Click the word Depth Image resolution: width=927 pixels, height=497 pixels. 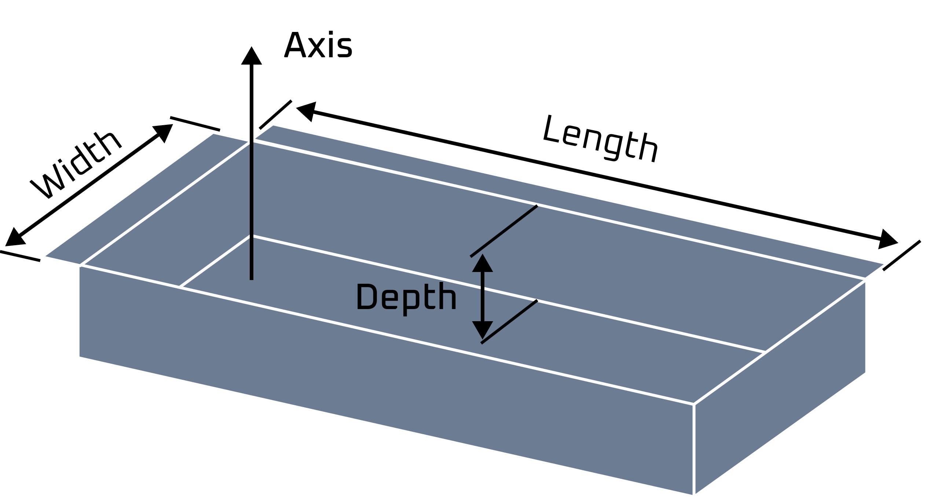pos(406,298)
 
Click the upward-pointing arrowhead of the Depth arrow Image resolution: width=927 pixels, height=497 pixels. pos(482,264)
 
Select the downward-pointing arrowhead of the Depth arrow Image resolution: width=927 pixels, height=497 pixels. pos(482,329)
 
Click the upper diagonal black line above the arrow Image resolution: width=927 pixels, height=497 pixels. pos(504,231)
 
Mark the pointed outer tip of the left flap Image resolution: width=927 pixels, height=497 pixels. pos(41,257)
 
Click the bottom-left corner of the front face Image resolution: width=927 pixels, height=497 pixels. pos(78,357)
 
